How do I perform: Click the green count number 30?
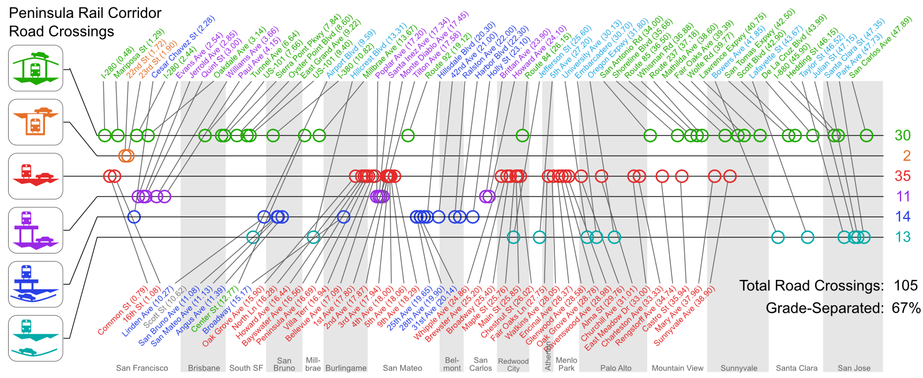pos(902,135)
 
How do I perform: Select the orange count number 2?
pos(906,156)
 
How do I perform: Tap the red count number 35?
pos(902,176)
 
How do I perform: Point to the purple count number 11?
pos(903,196)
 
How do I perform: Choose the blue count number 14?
pos(902,217)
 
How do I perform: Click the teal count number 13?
pos(902,237)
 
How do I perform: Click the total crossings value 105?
pos(906,286)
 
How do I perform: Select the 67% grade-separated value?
pos(906,308)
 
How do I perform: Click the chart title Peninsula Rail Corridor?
pos(85,13)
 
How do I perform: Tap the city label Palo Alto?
pos(616,368)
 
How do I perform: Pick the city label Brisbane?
pos(204,368)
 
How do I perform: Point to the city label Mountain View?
pos(677,368)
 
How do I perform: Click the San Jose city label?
pos(854,368)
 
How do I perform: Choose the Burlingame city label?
pos(346,368)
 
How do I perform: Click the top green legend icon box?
pos(35,69)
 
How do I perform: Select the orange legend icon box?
pos(35,122)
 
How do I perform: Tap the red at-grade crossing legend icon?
pos(35,176)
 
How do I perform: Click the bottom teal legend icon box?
pos(35,338)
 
